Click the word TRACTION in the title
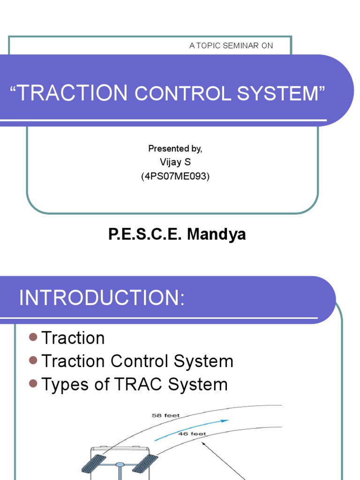pos(73,93)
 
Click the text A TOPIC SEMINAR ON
pos(231,45)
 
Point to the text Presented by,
pos(175,149)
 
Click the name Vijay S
pos(175,162)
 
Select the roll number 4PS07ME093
pos(175,177)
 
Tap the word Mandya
pos(217,234)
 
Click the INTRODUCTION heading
pos(102,298)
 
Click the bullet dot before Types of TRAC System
pos(33,383)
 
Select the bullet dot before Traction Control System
pos(33,360)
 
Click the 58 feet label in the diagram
pos(165,415)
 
